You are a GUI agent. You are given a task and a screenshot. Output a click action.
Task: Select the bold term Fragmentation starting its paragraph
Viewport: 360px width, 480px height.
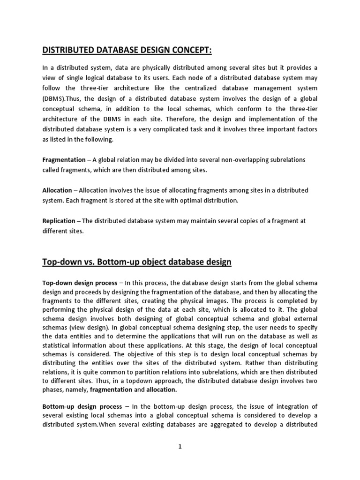(64, 160)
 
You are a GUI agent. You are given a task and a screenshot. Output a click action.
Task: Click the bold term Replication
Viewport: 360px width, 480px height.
(59, 221)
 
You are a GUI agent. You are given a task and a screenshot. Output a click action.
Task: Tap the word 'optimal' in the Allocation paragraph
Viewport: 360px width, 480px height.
(184, 201)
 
